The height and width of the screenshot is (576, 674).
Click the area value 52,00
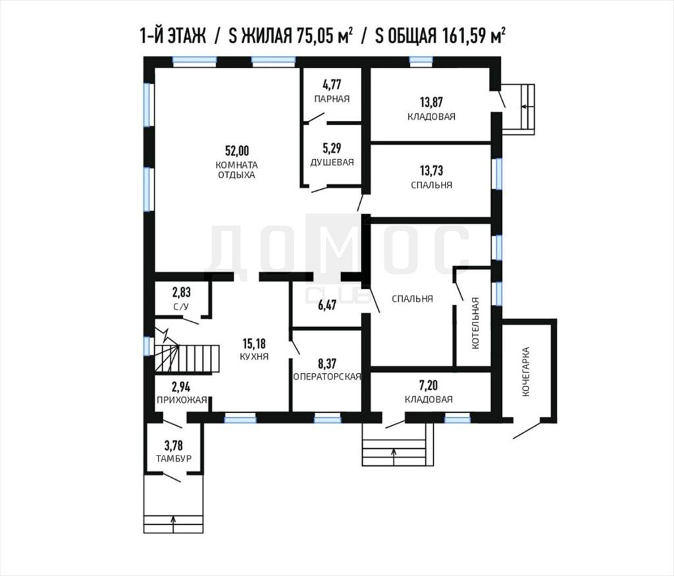[x=237, y=151]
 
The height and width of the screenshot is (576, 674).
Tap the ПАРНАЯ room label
[x=332, y=99]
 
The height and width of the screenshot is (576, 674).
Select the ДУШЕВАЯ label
[x=332, y=163]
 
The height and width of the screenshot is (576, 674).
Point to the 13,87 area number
[x=431, y=102]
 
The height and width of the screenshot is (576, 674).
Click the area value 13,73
[x=431, y=170]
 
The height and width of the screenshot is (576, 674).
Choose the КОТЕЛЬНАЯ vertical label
[x=475, y=323]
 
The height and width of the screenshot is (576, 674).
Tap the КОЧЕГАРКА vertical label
[x=525, y=372]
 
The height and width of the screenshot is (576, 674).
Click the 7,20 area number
[x=428, y=384]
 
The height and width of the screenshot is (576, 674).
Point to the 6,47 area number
[x=327, y=305]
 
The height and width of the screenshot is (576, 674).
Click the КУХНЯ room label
[x=254, y=356]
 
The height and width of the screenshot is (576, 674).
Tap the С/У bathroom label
[x=180, y=307]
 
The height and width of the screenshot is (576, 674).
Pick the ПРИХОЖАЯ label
[x=182, y=400]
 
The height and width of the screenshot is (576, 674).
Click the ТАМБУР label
[x=174, y=458]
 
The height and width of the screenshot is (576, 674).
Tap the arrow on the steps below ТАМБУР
[x=173, y=523]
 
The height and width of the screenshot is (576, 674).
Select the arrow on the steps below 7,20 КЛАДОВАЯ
[x=394, y=457]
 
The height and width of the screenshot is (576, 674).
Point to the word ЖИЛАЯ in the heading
[x=266, y=36]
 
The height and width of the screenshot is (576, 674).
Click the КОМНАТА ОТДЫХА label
[x=236, y=170]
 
